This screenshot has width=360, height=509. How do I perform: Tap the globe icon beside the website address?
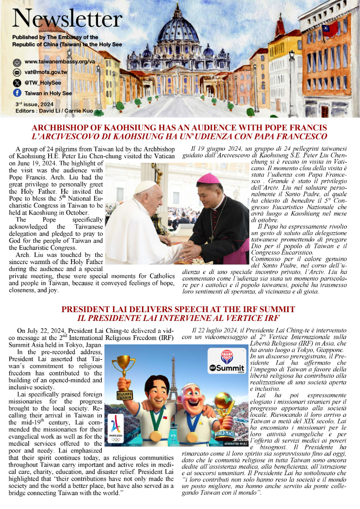tap(17, 62)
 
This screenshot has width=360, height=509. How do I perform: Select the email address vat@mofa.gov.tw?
tap(46, 72)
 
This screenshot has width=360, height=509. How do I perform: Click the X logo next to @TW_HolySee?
tap(17, 83)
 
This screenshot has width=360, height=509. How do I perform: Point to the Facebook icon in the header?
tap(17, 93)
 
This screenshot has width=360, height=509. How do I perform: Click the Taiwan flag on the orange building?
tap(330, 29)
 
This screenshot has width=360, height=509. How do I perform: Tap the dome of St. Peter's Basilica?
tap(178, 30)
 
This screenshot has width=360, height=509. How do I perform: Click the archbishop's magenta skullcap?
tap(210, 178)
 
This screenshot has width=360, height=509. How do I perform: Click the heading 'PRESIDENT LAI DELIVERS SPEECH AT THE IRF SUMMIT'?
tap(178, 309)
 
